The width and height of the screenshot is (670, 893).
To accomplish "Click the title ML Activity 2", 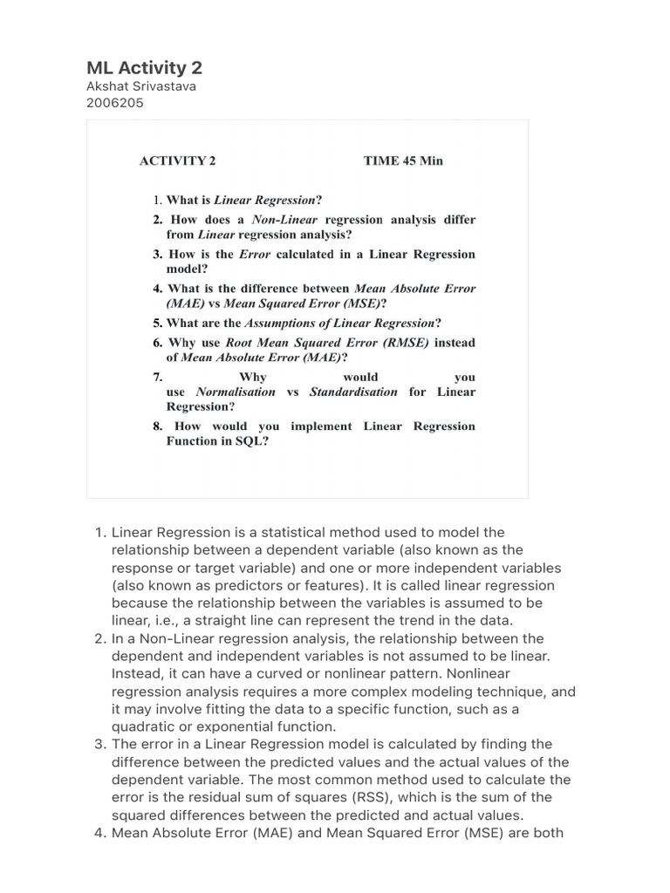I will [144, 68].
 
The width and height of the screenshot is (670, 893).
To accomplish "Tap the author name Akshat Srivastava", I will [140, 87].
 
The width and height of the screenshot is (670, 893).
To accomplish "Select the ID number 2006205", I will [114, 103].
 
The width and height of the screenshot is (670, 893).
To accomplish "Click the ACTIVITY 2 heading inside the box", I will [177, 160].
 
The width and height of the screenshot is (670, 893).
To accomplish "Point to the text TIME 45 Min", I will [403, 160].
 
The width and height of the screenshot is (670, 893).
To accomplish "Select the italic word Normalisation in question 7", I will [236, 392].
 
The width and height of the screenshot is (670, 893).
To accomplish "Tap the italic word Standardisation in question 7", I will [353, 392].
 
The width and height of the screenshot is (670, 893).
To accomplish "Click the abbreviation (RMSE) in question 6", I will [401, 343].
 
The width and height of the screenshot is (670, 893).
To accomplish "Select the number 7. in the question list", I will [159, 377].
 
